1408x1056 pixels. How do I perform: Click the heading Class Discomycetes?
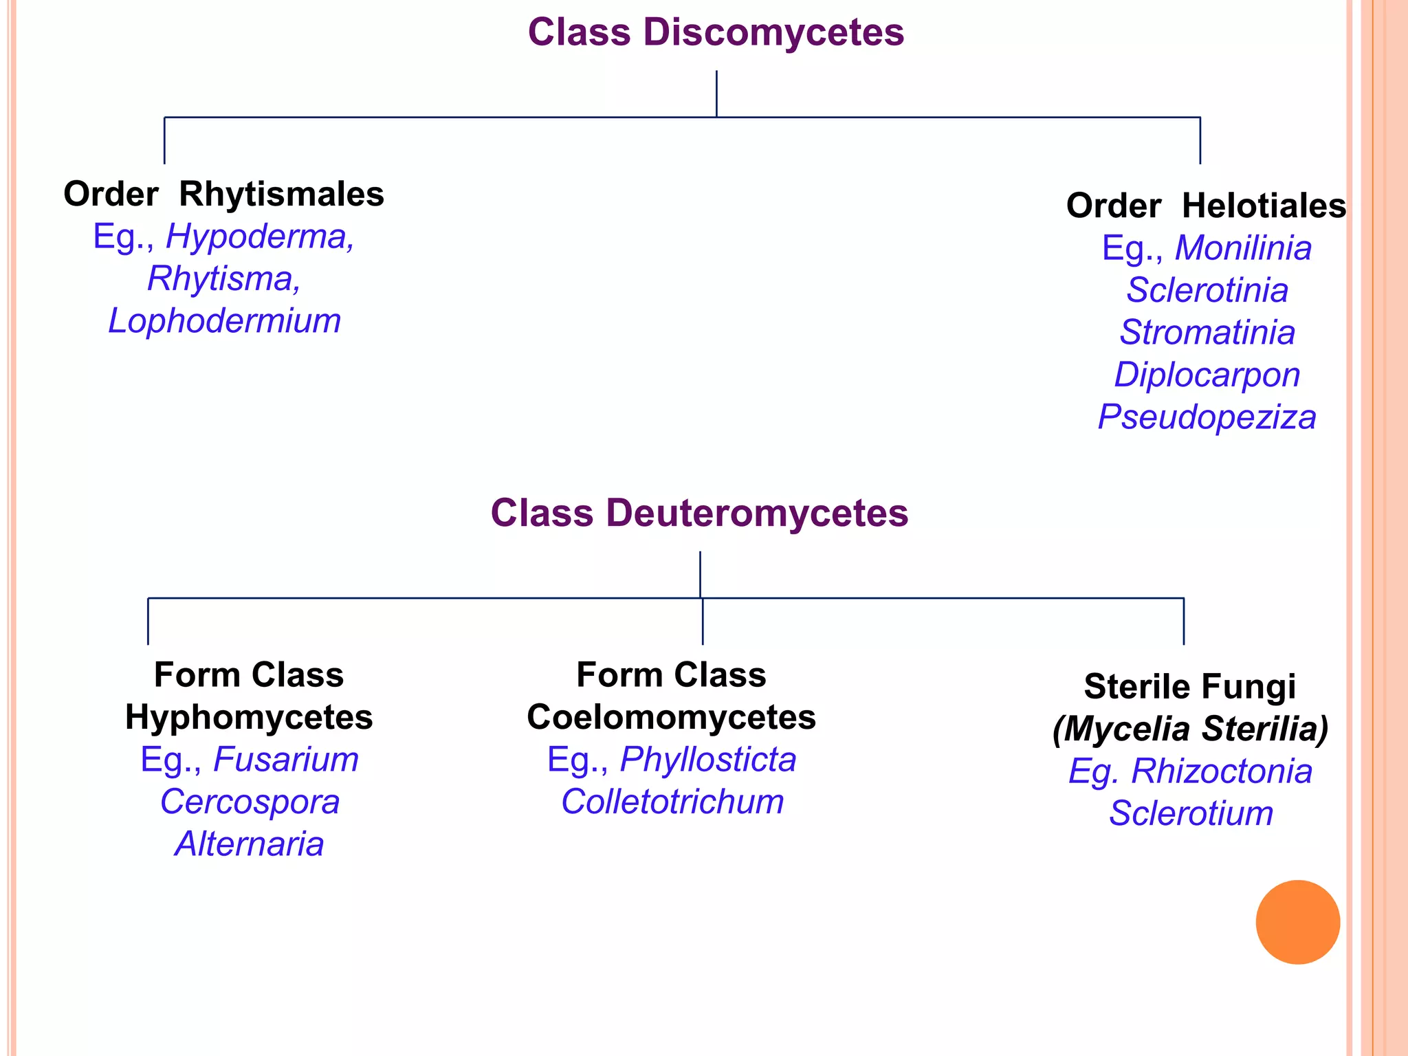click(716, 33)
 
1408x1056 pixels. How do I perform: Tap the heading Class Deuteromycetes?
click(699, 514)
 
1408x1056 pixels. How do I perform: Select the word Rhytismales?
click(281, 195)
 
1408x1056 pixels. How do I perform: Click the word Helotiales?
click(1264, 206)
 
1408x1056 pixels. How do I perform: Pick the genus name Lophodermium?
click(225, 321)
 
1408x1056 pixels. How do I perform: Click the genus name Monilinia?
click(1243, 248)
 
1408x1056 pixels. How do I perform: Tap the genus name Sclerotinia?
click(1207, 290)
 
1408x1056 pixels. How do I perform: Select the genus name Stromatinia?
click(1207, 333)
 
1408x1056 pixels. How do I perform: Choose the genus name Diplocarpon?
click(1207, 375)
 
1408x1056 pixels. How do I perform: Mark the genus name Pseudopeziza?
click(1207, 417)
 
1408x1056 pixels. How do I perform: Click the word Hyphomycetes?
click(249, 718)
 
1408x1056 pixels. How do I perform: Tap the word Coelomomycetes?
click(671, 718)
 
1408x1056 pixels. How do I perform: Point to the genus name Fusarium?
click(286, 760)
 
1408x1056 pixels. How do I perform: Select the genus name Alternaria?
click(249, 844)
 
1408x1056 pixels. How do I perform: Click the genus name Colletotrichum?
click(672, 802)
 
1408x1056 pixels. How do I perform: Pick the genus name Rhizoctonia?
click(1222, 771)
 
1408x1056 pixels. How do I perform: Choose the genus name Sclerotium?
click(1191, 814)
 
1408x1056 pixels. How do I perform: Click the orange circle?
click(1297, 922)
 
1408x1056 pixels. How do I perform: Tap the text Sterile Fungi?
click(1189, 687)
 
